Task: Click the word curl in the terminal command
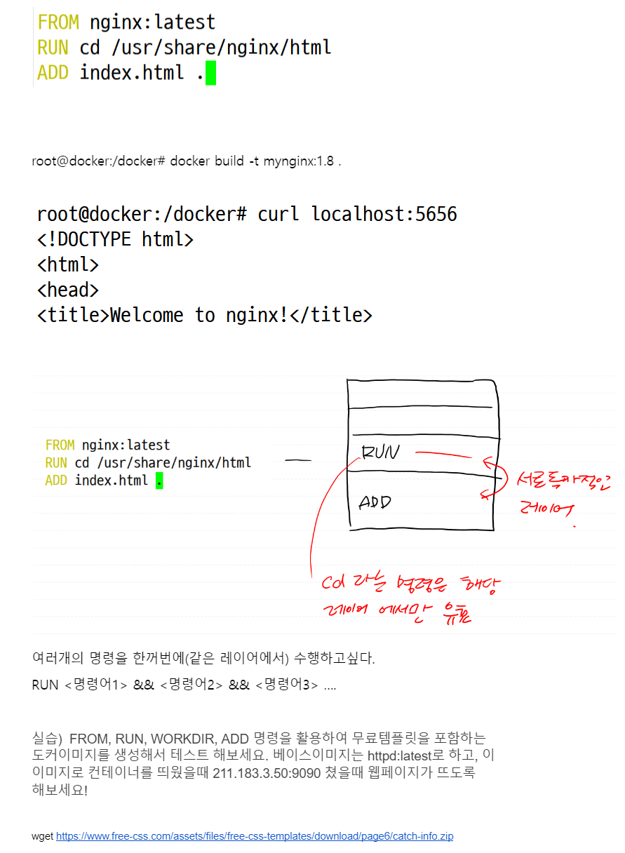point(279,214)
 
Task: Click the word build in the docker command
point(229,161)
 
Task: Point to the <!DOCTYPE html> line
point(115,240)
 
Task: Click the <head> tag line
point(68,290)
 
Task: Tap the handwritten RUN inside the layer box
point(379,452)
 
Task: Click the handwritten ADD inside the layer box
point(375,502)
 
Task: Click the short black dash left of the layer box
point(298,461)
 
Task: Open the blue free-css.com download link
point(255,837)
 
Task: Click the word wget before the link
point(42,837)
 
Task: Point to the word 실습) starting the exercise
point(48,739)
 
